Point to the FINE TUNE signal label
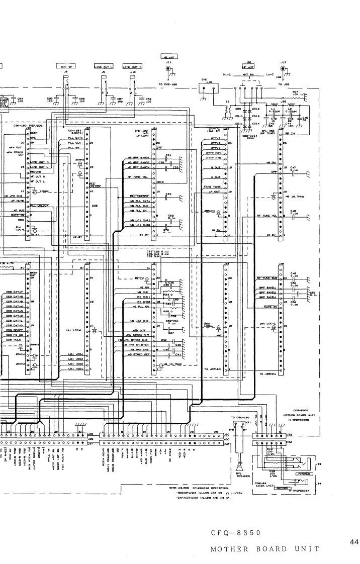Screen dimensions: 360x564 coord(213,187)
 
